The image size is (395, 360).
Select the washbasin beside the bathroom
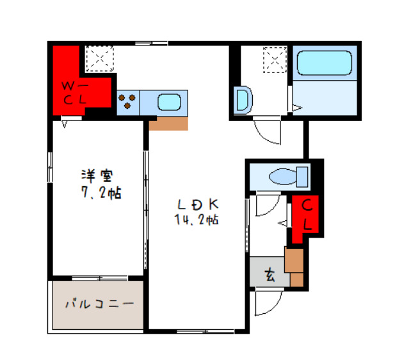coord(243,101)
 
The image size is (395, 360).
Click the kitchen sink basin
coord(170,101)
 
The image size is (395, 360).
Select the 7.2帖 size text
coord(102,192)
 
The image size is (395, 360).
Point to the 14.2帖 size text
coord(197,220)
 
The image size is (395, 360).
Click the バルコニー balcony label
coord(98,304)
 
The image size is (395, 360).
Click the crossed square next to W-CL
coord(100,58)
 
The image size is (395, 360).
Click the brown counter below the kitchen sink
coord(168,123)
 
